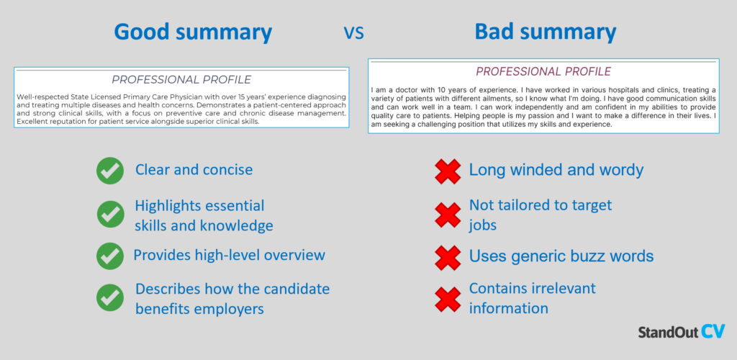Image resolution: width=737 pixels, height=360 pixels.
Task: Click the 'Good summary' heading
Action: tap(194, 32)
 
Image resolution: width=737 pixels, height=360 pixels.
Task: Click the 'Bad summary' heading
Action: tap(545, 32)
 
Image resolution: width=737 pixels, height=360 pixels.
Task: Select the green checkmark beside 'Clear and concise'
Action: tap(109, 171)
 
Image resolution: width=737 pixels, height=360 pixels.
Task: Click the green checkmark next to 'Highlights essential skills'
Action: tap(109, 215)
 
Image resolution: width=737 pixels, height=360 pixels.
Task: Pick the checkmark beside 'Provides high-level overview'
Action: tap(109, 256)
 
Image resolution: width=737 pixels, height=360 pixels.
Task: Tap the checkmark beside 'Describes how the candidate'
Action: tap(109, 297)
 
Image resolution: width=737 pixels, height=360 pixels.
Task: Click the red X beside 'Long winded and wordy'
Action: tap(448, 171)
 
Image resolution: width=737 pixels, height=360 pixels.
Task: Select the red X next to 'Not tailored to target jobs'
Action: tap(448, 215)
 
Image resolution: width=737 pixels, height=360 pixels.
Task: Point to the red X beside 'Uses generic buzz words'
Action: tap(448, 256)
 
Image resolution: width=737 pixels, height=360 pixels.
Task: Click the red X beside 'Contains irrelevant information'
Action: tap(448, 297)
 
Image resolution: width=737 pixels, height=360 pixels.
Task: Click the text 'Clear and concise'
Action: tap(194, 171)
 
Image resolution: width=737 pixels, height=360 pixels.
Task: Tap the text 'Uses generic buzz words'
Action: tap(561, 256)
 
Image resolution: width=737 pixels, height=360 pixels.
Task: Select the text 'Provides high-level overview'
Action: tap(229, 255)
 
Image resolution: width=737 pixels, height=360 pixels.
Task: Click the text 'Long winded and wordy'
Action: tap(556, 170)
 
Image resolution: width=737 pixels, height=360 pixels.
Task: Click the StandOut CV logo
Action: tap(680, 331)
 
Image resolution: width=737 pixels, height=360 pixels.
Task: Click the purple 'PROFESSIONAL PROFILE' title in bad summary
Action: tap(543, 72)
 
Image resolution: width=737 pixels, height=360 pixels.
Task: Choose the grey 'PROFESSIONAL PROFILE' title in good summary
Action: tap(181, 79)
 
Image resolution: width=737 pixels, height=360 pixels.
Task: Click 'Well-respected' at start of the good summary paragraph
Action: tap(42, 96)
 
